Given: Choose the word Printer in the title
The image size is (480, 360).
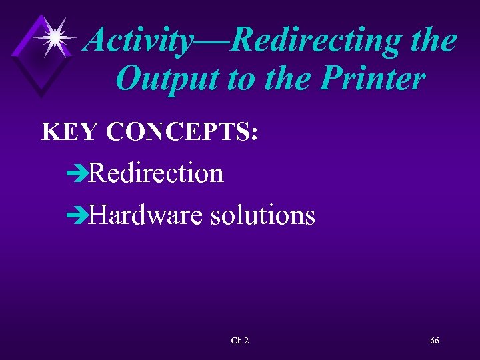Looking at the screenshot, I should point(374,79).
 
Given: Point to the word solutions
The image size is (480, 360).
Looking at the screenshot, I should point(262,215).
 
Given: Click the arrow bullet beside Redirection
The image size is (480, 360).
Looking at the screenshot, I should point(77,175).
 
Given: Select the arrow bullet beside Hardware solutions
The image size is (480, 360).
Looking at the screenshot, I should point(77,216).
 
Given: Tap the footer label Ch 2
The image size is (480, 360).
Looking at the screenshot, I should point(240,341).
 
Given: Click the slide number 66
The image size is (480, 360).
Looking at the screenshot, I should point(434,341).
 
